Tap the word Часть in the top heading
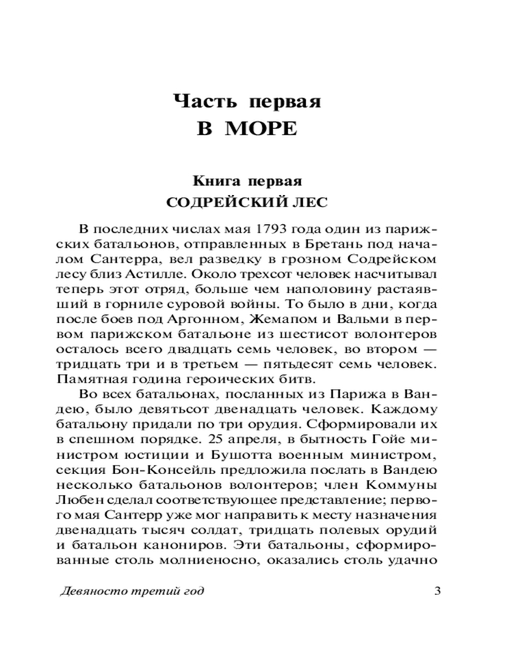click(x=203, y=101)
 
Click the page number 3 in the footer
click(x=437, y=591)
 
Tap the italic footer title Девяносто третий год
click(x=131, y=591)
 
